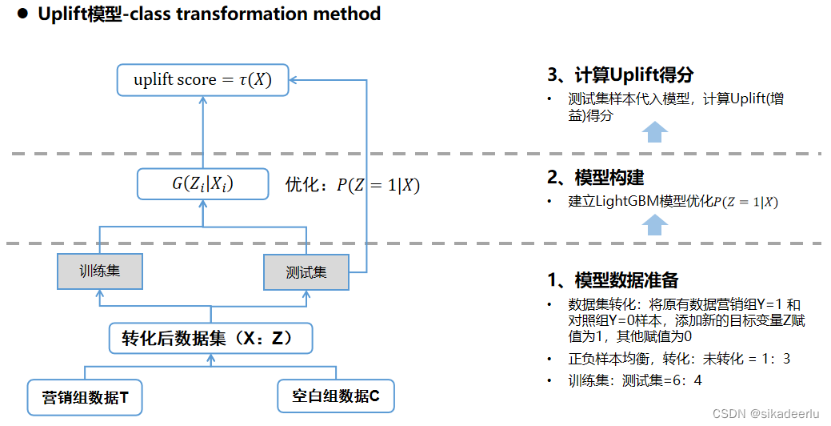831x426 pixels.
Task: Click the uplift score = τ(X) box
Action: pos(202,80)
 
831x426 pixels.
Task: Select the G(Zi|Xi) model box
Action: pos(202,184)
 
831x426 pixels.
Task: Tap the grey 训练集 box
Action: pos(99,271)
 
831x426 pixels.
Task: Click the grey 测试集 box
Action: pos(306,272)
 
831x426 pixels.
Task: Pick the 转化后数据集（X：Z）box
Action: pos(210,338)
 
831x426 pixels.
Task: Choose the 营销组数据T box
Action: pos(86,396)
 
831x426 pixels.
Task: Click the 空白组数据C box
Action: pos(336,396)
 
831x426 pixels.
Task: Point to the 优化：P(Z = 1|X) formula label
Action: pos(353,185)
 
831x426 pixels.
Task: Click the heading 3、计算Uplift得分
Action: pos(620,75)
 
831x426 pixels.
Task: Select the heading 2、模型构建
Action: pos(595,177)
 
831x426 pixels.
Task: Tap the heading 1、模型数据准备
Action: pos(613,280)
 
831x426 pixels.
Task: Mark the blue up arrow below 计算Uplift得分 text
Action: pos(656,132)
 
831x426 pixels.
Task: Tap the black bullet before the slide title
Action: pos(22,14)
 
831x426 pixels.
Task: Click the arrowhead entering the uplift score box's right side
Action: pos(294,80)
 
